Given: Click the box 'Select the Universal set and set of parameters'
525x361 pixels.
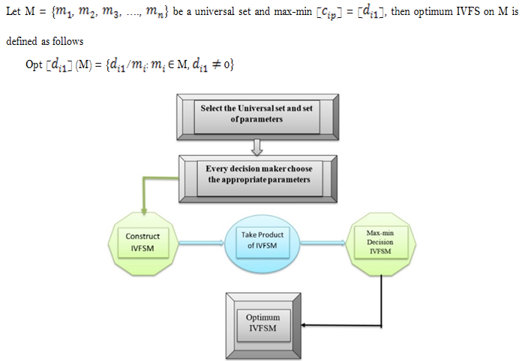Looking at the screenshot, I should coord(256,115).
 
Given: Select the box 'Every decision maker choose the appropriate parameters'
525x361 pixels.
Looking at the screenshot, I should coord(259,174).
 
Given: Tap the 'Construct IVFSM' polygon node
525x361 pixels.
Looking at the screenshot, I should coord(143,242).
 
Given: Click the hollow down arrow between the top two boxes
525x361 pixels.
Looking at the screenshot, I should coord(256,145).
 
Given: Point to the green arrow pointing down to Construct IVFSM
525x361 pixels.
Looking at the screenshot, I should coord(143,196).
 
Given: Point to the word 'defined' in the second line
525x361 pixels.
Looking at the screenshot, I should coord(22,41).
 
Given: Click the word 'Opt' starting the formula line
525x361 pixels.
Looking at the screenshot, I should coord(34,65).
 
